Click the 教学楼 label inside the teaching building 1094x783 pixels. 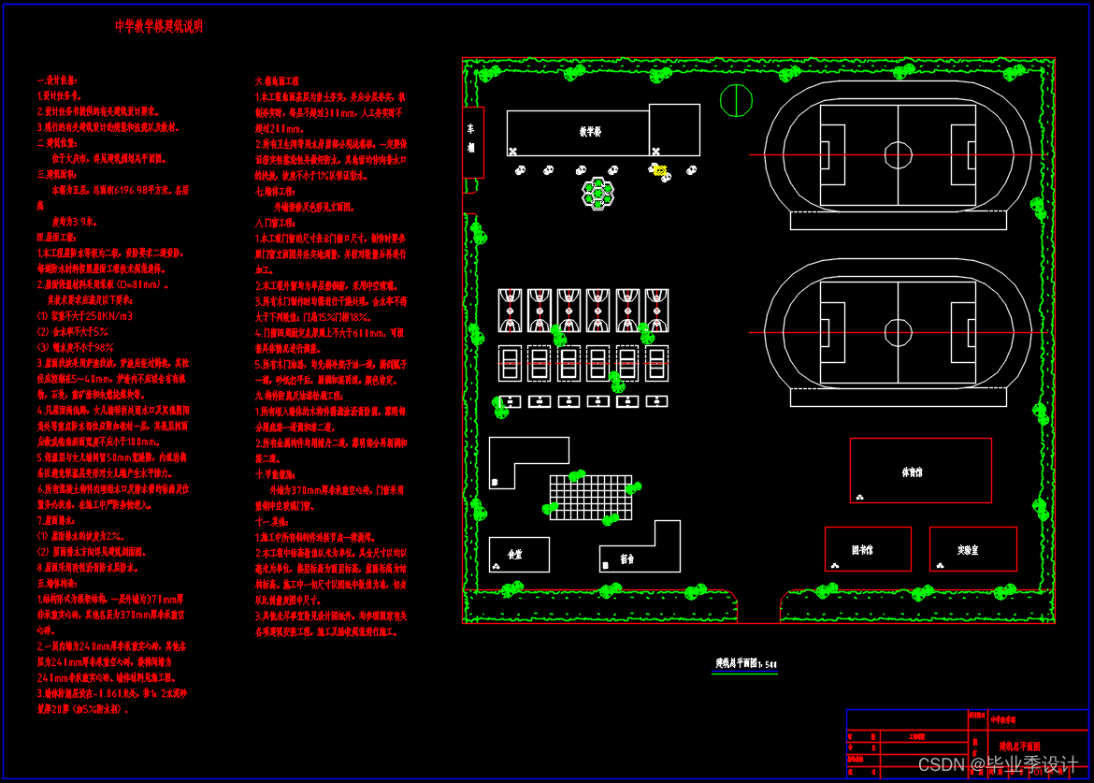[x=590, y=133]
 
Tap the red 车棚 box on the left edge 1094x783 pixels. [x=473, y=142]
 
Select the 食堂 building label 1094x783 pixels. [x=515, y=555]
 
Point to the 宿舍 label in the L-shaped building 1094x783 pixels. [x=626, y=559]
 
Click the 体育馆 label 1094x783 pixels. [x=912, y=472]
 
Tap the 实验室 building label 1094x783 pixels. [x=968, y=550]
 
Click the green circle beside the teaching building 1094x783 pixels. [x=736, y=100]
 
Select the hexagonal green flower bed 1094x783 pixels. [x=598, y=193]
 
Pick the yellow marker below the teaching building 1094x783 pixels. [x=661, y=170]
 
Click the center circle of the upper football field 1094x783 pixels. [x=898, y=154]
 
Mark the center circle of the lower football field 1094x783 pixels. [x=898, y=332]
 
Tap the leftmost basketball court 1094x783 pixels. [x=510, y=310]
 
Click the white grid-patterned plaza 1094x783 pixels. [x=590, y=497]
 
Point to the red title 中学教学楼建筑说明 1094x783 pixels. [x=159, y=26]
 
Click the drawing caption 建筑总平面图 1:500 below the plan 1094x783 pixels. [x=741, y=664]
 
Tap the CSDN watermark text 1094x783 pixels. [x=997, y=763]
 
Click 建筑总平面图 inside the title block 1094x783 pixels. [x=1026, y=747]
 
